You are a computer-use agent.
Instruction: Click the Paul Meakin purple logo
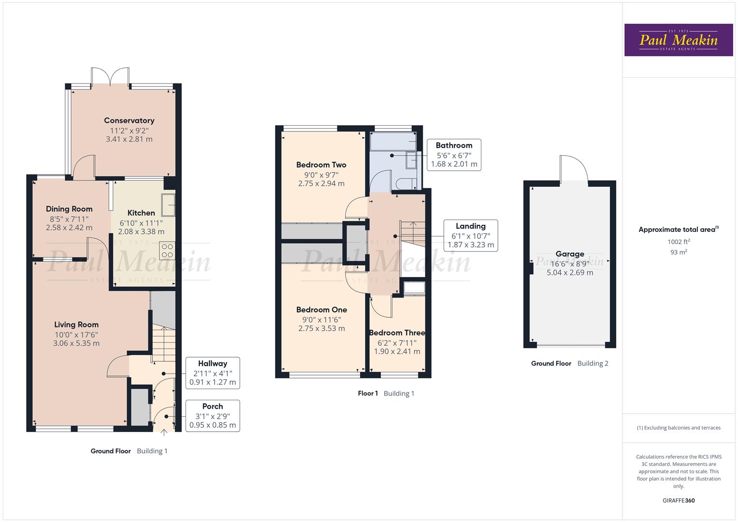678,40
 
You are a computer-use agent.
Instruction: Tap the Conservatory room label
129,120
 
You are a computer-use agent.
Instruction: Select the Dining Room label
69,209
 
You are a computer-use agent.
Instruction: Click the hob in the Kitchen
167,250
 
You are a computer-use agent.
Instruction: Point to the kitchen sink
169,204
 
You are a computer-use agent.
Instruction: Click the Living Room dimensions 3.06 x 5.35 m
76,344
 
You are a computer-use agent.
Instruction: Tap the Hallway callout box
213,373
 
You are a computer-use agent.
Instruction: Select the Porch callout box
213,416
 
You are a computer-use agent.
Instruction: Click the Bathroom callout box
454,155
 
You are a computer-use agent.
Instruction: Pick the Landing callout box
471,235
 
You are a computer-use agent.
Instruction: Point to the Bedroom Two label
321,165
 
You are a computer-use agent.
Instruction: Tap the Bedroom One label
321,310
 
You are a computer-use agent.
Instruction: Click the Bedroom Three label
397,333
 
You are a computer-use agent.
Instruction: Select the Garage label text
570,254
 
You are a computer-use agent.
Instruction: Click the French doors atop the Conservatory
110,77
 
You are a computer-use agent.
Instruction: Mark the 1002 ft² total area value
678,242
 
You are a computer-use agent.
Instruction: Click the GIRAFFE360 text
678,500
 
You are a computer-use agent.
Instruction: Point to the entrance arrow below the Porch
163,433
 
